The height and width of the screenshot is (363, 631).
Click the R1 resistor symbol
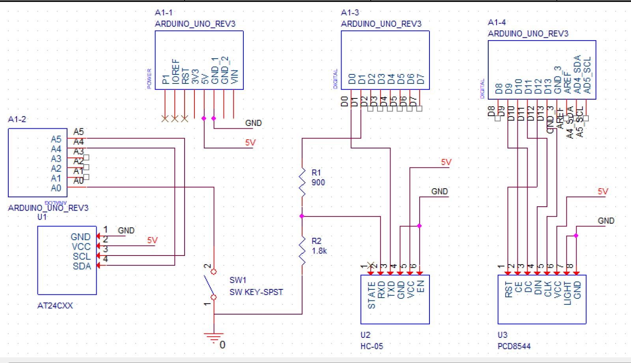click(x=302, y=182)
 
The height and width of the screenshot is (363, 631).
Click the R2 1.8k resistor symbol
click(x=302, y=251)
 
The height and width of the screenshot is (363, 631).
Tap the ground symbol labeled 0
click(x=214, y=338)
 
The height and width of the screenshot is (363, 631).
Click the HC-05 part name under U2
click(x=372, y=346)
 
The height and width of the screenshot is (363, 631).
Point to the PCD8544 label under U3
click(x=514, y=346)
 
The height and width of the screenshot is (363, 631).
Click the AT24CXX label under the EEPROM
click(x=55, y=306)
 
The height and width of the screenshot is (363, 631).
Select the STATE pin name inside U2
click(x=371, y=295)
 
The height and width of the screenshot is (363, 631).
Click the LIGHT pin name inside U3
click(x=567, y=293)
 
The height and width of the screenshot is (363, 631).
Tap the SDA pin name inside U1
click(x=82, y=266)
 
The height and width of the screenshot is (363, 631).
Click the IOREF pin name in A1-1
click(x=175, y=71)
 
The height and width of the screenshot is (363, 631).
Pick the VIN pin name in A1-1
click(x=234, y=76)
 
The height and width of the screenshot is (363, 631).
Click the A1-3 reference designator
click(x=350, y=13)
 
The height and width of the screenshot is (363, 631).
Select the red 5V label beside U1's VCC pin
click(x=152, y=240)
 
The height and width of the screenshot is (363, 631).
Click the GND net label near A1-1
click(x=253, y=123)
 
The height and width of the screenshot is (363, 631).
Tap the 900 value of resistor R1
click(x=318, y=182)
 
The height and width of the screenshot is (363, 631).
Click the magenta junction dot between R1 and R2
click(x=302, y=216)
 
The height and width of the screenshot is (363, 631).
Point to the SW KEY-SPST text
click(x=256, y=292)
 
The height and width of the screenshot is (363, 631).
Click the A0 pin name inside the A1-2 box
click(x=56, y=188)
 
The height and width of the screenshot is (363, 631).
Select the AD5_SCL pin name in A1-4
click(x=587, y=75)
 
